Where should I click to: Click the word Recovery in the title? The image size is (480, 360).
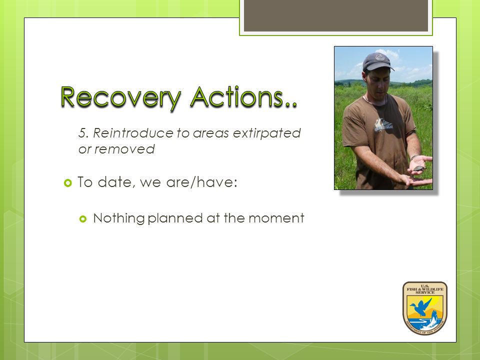coord(120,97)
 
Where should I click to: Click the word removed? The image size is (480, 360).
coord(124,149)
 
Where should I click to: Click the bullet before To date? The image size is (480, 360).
coord(67,183)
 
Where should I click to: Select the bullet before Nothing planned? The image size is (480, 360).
coord(83,219)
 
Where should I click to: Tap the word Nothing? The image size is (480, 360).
coord(119,218)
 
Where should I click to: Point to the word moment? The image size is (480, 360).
coord(276,218)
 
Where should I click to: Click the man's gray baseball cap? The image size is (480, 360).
coord(378,61)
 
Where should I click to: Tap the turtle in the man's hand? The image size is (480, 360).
coord(418,168)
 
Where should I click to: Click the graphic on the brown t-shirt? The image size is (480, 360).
coord(382,125)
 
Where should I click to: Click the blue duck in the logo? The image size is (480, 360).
coord(420,306)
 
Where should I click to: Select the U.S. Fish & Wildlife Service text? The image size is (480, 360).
coord(425,289)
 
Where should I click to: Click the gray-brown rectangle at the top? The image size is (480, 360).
coord(336,15)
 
